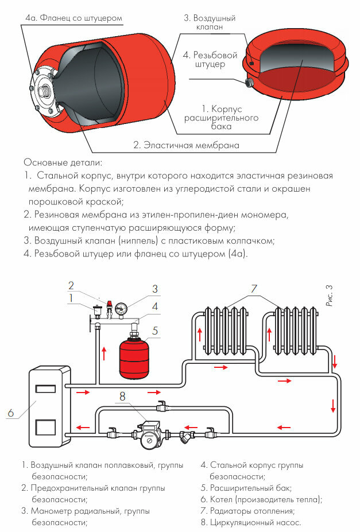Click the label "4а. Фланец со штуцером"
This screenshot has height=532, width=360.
(73, 18)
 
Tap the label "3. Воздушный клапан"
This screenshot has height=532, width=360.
(210, 22)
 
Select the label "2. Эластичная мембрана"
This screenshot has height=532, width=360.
(186, 145)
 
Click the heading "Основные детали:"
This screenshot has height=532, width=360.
(63, 162)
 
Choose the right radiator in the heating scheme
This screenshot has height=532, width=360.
(294, 331)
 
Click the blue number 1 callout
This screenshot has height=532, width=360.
(71, 298)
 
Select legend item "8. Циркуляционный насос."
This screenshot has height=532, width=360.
(251, 522)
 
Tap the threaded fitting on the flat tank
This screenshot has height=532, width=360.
(250, 82)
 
